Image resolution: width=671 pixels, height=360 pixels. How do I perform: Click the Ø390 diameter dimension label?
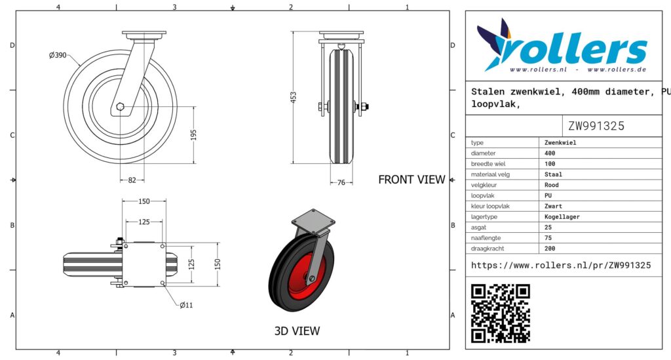pyautogui.click(x=58, y=55)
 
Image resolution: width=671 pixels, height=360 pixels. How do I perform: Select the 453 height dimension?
pyautogui.click(x=293, y=97)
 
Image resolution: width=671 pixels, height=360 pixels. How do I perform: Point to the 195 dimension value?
pyautogui.click(x=193, y=135)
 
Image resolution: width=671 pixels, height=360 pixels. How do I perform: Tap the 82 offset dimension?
pyautogui.click(x=132, y=180)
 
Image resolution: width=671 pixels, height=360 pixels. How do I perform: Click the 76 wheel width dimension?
pyautogui.click(x=341, y=182)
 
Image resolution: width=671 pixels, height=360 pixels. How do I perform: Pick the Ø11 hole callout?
pyautogui.click(x=186, y=305)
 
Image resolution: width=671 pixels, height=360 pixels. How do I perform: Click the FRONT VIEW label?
pyautogui.click(x=412, y=180)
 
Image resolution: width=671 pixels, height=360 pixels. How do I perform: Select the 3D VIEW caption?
pyautogui.click(x=297, y=331)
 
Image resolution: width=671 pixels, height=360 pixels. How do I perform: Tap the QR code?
pyautogui.click(x=500, y=313)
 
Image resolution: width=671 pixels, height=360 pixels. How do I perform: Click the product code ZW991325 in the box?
pyautogui.click(x=596, y=126)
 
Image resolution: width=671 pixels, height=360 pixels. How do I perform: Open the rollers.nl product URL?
pyautogui.click(x=561, y=266)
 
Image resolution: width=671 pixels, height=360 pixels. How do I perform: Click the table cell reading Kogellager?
pyautogui.click(x=562, y=216)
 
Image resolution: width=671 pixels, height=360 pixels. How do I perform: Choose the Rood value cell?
pyautogui.click(x=552, y=185)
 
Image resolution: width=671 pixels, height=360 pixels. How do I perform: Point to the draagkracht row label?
pyautogui.click(x=487, y=249)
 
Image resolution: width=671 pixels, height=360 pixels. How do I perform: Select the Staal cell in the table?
pyautogui.click(x=553, y=174)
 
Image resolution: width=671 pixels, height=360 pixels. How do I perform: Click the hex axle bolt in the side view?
pyautogui.click(x=121, y=107)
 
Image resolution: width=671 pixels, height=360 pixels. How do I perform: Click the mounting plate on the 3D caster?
pyautogui.click(x=313, y=220)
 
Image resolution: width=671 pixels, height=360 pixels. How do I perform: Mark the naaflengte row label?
pyautogui.click(x=486, y=237)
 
